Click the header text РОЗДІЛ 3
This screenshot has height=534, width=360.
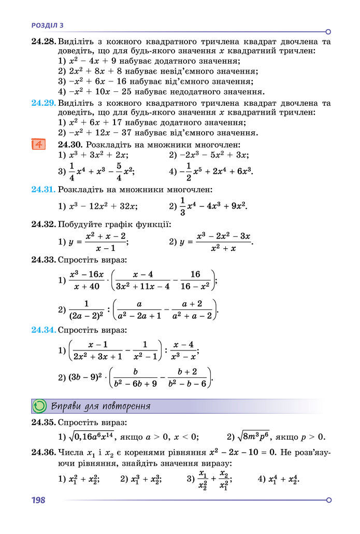47,25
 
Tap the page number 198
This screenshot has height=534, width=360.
38,500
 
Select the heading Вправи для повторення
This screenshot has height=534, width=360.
101,406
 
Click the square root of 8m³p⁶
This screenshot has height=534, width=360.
259,437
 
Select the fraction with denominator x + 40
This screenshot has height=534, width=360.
87,280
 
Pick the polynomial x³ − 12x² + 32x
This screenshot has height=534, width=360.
103,206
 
